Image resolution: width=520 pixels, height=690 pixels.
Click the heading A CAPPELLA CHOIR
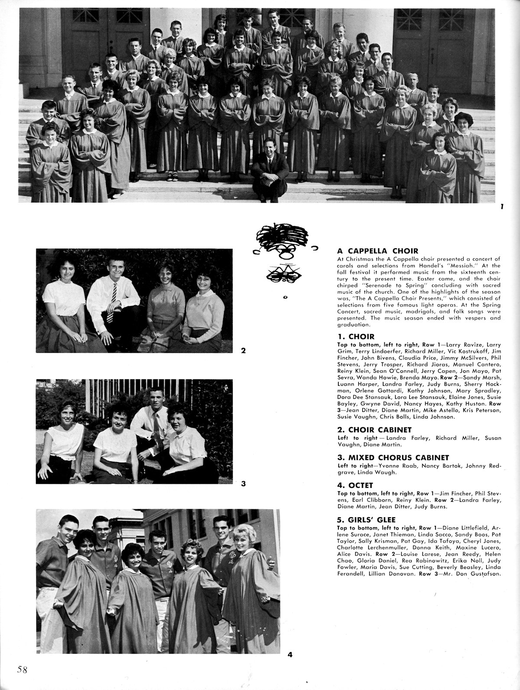377,251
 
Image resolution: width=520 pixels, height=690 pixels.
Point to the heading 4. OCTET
355,486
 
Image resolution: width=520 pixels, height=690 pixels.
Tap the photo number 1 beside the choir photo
501,207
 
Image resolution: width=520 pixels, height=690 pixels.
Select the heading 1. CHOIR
356,336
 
